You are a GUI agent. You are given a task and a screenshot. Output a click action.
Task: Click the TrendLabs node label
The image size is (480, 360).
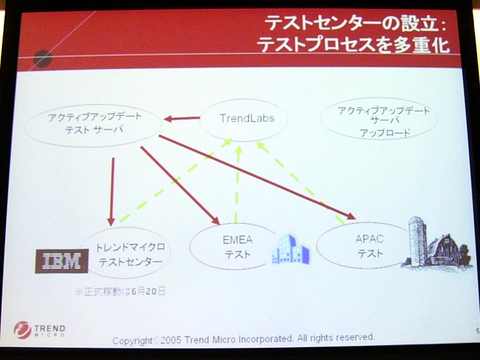(247, 118)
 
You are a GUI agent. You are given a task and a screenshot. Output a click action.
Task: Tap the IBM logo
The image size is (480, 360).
(62, 261)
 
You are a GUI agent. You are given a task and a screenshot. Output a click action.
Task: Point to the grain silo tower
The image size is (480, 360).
(418, 242)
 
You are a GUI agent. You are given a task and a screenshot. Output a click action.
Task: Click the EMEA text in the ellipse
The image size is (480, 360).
(238, 239)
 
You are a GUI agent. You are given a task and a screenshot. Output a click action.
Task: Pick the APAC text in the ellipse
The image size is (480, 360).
(370, 238)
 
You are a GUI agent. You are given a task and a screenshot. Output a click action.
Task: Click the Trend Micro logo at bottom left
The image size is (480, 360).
(40, 329)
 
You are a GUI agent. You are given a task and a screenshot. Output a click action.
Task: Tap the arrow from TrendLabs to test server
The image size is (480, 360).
(182, 118)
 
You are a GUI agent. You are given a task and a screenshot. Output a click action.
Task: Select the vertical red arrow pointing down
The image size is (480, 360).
(112, 191)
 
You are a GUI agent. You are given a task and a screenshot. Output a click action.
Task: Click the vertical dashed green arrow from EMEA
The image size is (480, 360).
(237, 185)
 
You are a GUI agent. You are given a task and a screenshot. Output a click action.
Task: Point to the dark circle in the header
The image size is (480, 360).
(43, 58)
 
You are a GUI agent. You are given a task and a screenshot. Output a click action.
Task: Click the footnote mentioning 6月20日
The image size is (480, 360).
(121, 291)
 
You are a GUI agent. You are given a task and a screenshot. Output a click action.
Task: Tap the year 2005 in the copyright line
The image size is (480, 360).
(170, 340)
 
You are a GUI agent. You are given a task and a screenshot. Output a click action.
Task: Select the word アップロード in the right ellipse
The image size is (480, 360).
(385, 133)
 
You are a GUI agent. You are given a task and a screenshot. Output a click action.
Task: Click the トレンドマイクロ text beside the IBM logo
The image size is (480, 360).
(130, 247)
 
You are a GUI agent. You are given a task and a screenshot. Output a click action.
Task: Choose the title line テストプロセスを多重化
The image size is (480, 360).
(353, 45)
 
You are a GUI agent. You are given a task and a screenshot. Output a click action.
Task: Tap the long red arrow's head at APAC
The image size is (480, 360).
(350, 216)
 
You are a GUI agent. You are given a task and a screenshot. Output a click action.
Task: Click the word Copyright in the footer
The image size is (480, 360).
(132, 341)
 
